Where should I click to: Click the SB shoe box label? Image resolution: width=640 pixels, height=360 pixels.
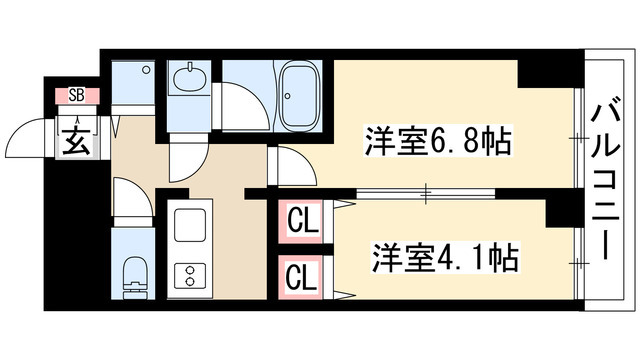coord(76,97)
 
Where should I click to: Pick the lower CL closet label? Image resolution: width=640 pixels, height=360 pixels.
coord(298,274)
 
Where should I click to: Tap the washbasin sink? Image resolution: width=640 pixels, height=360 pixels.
coord(187,79)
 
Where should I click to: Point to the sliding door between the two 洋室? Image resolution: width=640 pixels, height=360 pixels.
coord(395,190)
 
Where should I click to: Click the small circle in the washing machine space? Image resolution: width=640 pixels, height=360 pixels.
coord(146,69)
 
